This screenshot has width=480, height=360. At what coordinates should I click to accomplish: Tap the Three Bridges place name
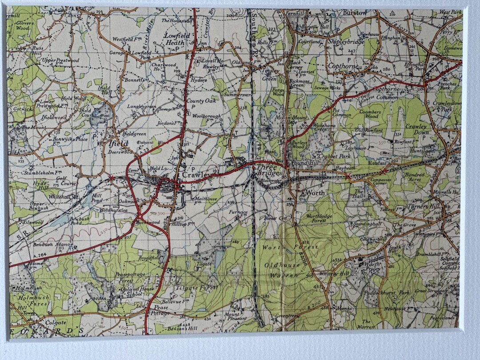(267, 171)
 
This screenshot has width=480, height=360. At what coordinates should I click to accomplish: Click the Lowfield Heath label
(177, 39)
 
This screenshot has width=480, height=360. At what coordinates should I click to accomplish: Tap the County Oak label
(200, 101)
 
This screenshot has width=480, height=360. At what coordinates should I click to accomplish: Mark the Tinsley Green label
(269, 75)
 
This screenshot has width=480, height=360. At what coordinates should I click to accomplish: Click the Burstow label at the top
(355, 13)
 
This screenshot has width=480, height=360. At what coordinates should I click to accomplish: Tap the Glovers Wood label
(23, 24)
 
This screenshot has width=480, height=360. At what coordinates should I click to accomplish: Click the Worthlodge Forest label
(316, 218)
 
